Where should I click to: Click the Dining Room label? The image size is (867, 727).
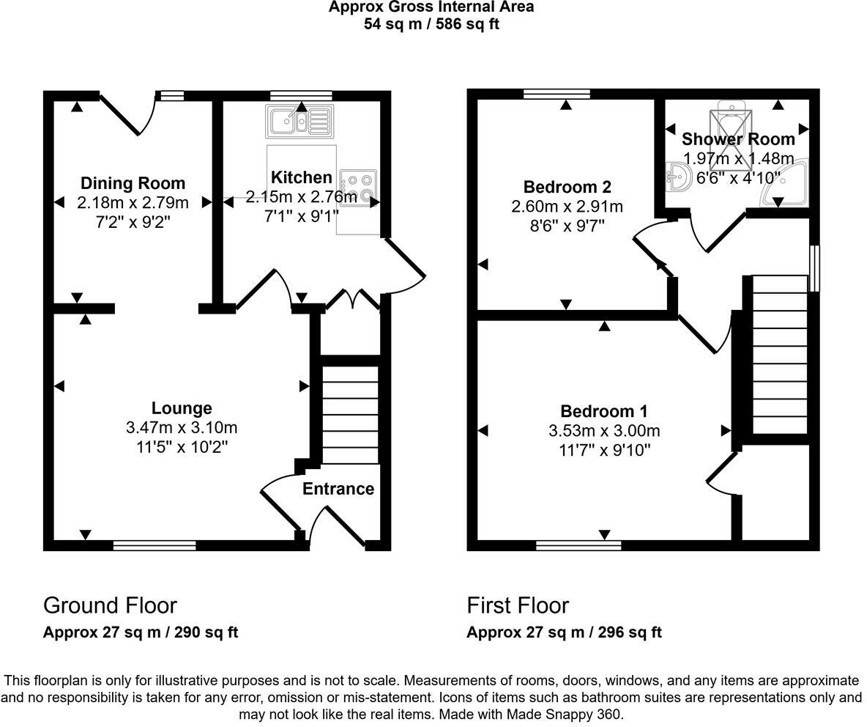[133, 183]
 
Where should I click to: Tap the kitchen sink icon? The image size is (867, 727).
[299, 120]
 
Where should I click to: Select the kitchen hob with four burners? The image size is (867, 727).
[359, 187]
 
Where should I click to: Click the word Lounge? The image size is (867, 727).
[182, 408]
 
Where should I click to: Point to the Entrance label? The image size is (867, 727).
[338, 489]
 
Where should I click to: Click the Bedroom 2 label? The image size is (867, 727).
[567, 187]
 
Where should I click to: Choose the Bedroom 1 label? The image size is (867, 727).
[603, 411]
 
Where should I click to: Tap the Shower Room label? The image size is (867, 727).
[738, 139]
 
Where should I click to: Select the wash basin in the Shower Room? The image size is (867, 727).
[679, 178]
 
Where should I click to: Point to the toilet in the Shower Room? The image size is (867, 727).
[732, 117]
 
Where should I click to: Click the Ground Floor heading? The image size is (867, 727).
[110, 605]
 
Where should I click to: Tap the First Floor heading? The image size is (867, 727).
[518, 605]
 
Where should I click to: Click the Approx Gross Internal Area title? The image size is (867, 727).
[431, 7]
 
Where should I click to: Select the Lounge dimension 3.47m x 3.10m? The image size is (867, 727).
[182, 428]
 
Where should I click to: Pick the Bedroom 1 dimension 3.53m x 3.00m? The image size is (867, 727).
[604, 431]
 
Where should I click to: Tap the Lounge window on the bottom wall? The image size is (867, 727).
[155, 545]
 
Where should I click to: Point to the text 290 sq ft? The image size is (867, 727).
[206, 632]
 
